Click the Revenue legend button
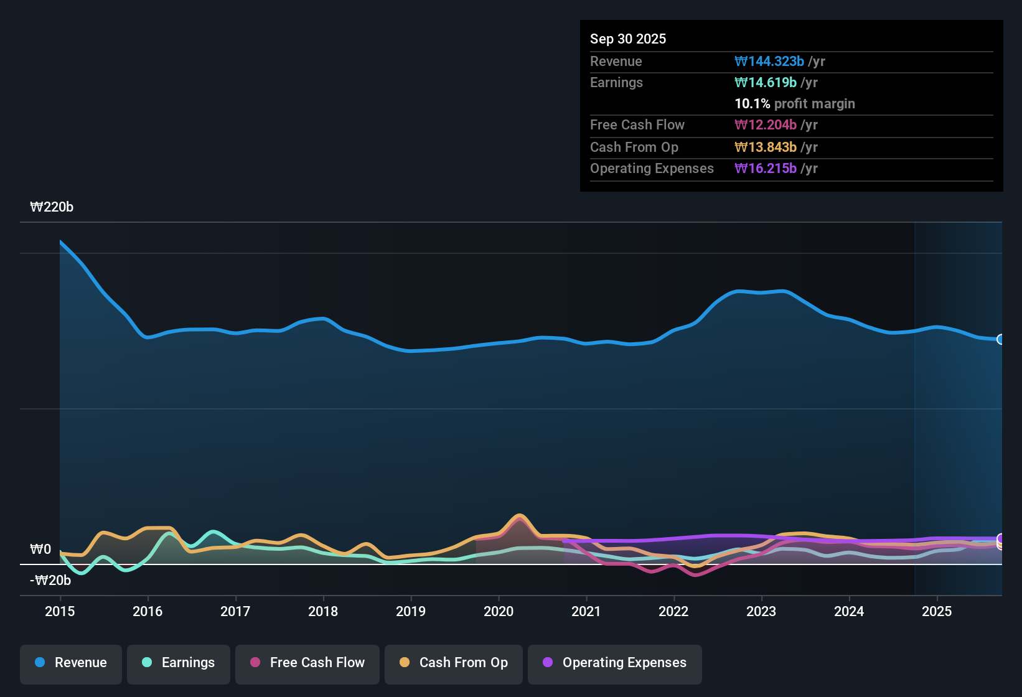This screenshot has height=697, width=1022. pos(71,663)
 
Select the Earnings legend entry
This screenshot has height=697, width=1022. pos(179,663)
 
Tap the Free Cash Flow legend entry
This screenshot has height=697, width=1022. pos(307,663)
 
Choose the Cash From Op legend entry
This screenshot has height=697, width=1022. pos(454,663)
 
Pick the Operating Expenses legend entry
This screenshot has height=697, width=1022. pos(615,663)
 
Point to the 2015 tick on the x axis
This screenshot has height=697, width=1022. pos(60,611)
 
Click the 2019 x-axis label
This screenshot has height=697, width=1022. pos(411,611)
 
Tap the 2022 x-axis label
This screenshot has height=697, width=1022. pos(673,611)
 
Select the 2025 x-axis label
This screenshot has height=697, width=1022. pos(936,611)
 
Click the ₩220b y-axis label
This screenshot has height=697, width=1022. pos(52,207)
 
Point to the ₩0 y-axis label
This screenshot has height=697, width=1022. pos(40,549)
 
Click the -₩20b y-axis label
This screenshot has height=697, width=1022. pos(50,580)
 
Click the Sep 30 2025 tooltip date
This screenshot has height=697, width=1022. pos(627,39)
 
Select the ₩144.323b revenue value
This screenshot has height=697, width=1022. pos(769,61)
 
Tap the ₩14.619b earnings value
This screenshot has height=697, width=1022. pos(766,82)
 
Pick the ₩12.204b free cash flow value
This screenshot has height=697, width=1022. pos(766,124)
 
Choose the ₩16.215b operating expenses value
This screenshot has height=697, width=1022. pos(766,168)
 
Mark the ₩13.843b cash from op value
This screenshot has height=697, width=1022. pos(766,147)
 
